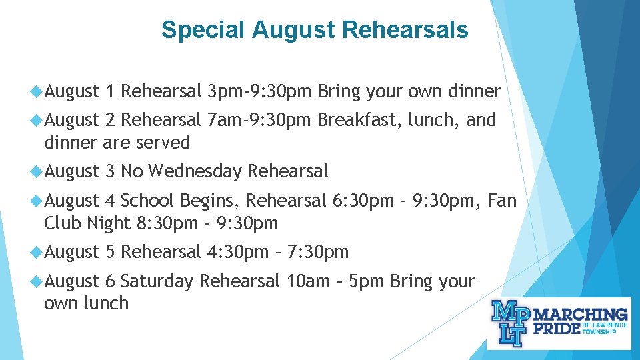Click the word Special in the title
point(205,30)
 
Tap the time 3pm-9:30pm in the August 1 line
point(259,91)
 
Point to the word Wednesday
point(195,171)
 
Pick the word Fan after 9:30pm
point(502,200)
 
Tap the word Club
point(63,223)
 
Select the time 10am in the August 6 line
point(307,281)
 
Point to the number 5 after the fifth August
point(111,252)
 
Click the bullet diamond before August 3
point(37,171)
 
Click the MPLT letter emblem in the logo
point(509,323)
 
